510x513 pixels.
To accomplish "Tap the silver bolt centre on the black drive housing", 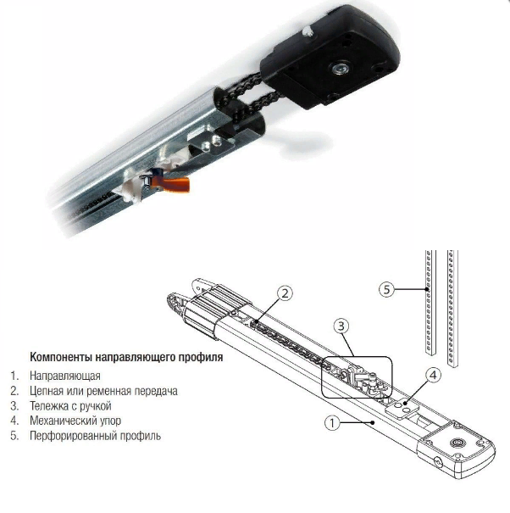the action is [x=340, y=69].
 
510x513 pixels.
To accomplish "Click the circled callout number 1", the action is [x=332, y=423].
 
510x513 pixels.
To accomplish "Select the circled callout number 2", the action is [x=285, y=293].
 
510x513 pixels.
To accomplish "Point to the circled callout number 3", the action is [x=341, y=326].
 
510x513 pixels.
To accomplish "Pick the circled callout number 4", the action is [x=433, y=376].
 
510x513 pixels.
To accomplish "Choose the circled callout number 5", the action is [x=387, y=289].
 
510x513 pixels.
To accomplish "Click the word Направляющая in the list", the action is [x=65, y=376].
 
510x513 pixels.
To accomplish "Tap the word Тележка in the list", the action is [x=48, y=405].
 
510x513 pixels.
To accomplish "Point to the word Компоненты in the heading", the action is [x=61, y=357].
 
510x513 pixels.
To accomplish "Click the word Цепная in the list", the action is [x=47, y=391].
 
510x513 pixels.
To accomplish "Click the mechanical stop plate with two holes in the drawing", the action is [x=401, y=409].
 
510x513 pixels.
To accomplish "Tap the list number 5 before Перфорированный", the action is [x=14, y=436].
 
